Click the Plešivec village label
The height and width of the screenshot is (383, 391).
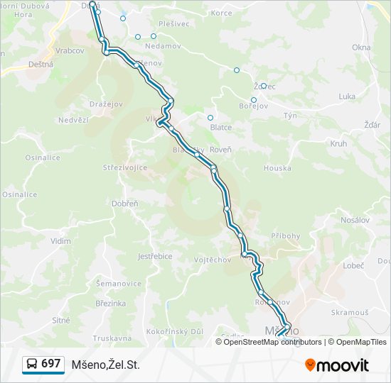click(x=173, y=23)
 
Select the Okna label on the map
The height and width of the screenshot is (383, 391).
click(x=361, y=48)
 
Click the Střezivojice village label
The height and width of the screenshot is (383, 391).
click(x=125, y=168)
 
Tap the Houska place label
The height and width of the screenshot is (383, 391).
click(x=277, y=168)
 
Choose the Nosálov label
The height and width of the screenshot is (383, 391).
click(x=355, y=220)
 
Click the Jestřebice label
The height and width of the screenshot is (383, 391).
click(x=155, y=256)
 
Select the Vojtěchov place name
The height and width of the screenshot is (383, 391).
click(x=213, y=260)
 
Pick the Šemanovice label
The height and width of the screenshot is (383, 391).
click(x=119, y=284)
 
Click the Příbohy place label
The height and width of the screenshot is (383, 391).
click(x=286, y=235)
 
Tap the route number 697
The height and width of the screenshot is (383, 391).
click(x=50, y=364)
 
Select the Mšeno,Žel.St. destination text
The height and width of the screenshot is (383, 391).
click(x=106, y=365)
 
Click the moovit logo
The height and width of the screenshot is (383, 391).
click(x=337, y=365)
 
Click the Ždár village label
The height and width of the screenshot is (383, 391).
click(x=372, y=125)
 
